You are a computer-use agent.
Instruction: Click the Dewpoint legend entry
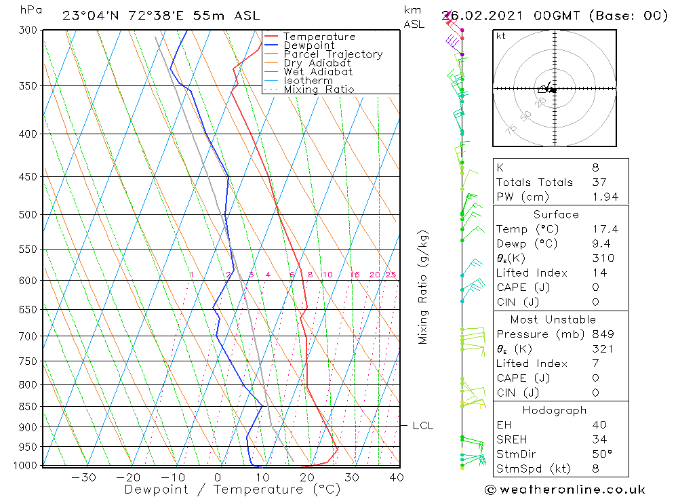point(308,45)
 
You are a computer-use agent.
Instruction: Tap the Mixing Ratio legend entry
point(319,90)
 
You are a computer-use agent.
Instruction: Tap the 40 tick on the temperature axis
point(397,477)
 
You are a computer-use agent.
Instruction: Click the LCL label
point(422,426)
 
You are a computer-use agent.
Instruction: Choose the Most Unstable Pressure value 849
point(602,334)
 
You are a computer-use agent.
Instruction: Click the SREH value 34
point(599,439)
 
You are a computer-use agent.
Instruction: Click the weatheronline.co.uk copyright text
point(565,490)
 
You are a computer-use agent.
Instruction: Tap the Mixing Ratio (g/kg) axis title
point(424,287)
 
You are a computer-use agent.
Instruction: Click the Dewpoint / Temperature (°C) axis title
point(232,489)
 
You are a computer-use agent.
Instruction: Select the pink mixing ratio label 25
point(391,275)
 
